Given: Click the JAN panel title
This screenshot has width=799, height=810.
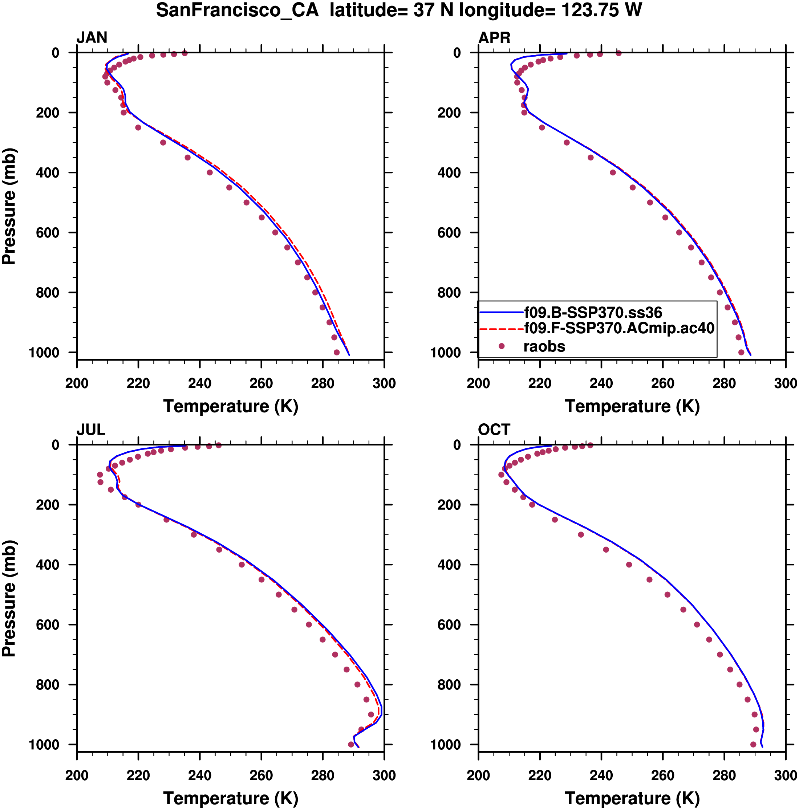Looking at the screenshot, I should coord(92,38).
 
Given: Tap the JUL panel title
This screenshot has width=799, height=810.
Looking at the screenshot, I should coord(90,430).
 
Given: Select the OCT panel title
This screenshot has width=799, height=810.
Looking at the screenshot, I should coord(494,430).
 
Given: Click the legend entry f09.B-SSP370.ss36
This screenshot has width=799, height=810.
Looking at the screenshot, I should coord(593,313).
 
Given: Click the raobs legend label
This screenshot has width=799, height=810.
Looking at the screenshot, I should coord(544,346).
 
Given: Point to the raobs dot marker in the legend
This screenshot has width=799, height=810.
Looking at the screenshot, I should coord(501,346).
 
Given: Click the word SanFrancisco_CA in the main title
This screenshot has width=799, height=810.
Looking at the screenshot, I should coord(238,10).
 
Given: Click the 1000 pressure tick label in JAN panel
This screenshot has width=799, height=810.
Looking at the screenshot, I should coord(44,353).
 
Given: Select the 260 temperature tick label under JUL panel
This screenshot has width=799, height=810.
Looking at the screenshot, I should coord(261,775).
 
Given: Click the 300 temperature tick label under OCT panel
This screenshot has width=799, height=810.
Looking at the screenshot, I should coord(785,775).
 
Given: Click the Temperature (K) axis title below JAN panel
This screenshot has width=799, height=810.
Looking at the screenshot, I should coord(230,406).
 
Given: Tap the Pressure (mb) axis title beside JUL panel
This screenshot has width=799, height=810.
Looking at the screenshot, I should coord(9,598).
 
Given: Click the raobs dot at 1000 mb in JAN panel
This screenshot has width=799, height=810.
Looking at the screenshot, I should coord(336,352).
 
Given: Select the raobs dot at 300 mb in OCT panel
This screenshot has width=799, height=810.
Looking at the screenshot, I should coord(581,534).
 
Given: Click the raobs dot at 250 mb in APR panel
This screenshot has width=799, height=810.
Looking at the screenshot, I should coord(542,127).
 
